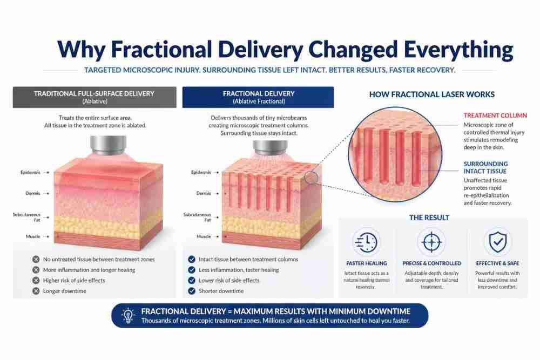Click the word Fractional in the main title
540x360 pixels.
click(161, 49)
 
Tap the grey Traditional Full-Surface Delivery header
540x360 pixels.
click(94, 97)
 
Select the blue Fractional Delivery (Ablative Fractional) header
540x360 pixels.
click(258, 97)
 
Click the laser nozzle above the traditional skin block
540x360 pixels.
click(108, 145)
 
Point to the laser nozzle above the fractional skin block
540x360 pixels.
click(271, 147)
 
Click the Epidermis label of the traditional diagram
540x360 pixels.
click(30, 172)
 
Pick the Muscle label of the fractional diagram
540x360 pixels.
click(204, 236)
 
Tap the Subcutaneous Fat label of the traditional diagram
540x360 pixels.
click(26, 217)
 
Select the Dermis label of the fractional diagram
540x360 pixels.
click(204, 193)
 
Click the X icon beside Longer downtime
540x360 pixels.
click(36, 291)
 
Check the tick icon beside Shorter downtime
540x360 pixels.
click(192, 291)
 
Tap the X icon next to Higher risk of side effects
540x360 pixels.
click(36, 280)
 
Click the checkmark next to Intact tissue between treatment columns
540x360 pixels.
click(192, 259)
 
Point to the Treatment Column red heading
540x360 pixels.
click(495, 116)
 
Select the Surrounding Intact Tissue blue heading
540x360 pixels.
click(485, 167)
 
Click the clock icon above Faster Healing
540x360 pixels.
click(366, 242)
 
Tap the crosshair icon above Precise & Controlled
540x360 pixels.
click(431, 242)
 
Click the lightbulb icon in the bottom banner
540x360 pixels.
click(128, 315)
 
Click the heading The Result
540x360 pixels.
click(429, 218)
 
